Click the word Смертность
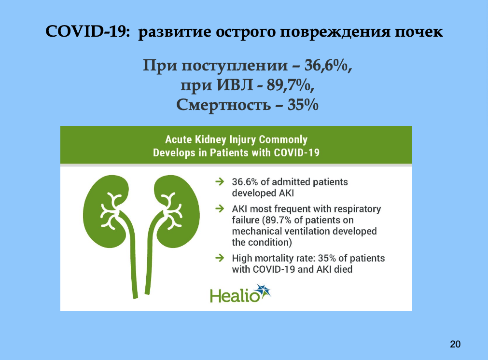pyautogui.click(x=223, y=105)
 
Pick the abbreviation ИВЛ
pyautogui.click(x=235, y=85)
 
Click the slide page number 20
pyautogui.click(x=455, y=344)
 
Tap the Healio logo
pyautogui.click(x=240, y=294)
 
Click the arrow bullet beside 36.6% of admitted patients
pyautogui.click(x=220, y=181)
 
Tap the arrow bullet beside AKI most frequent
pyautogui.click(x=220, y=208)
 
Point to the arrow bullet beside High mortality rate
pyautogui.click(x=220, y=258)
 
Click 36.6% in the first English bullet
pyautogui.click(x=245, y=182)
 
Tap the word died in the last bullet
pyautogui.click(x=343, y=269)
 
